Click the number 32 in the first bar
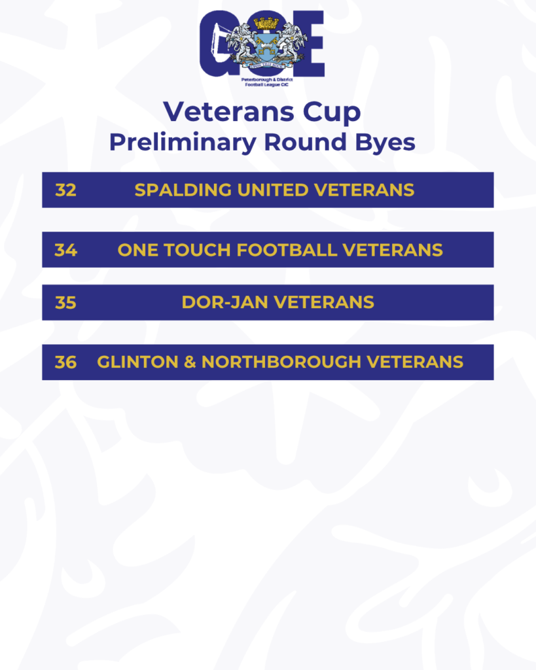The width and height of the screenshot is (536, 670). pos(66,190)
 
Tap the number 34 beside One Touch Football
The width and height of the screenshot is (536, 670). pos(66,250)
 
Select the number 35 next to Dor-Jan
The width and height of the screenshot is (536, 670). pos(66,302)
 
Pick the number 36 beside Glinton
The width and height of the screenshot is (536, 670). pos(66,362)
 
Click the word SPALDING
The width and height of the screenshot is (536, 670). pos(183,190)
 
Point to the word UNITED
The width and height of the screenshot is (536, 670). pos(273,190)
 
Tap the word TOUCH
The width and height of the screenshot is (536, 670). pos(198,250)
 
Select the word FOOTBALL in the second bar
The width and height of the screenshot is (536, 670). pos(287,250)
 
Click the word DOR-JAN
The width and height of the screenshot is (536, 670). pos(225,302)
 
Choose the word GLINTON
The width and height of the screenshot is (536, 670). pos(137,362)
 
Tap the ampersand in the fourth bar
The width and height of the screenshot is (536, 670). pos(190,362)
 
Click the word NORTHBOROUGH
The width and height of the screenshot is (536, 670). pos(281,362)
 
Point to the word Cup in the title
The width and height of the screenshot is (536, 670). pos(332,113)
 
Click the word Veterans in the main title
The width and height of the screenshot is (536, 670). pos(228,112)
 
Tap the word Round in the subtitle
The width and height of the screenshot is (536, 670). pos(305,142)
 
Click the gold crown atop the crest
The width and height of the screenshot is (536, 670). pos(266,23)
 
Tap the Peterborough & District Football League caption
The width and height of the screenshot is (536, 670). pos(267,82)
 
